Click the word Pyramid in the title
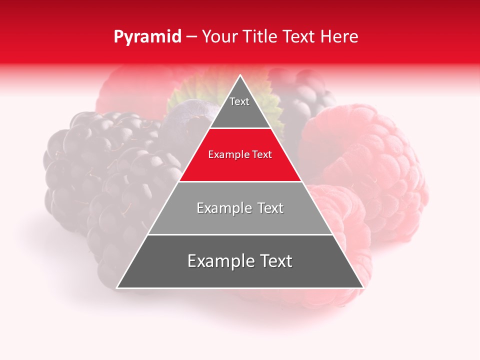pyautogui.click(x=147, y=37)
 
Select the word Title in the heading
pyautogui.click(x=261, y=37)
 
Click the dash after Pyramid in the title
pyautogui.click(x=191, y=37)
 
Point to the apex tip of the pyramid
pyautogui.click(x=240, y=75)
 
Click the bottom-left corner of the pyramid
pyautogui.click(x=117, y=287)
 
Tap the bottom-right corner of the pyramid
pyautogui.click(x=363, y=287)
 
